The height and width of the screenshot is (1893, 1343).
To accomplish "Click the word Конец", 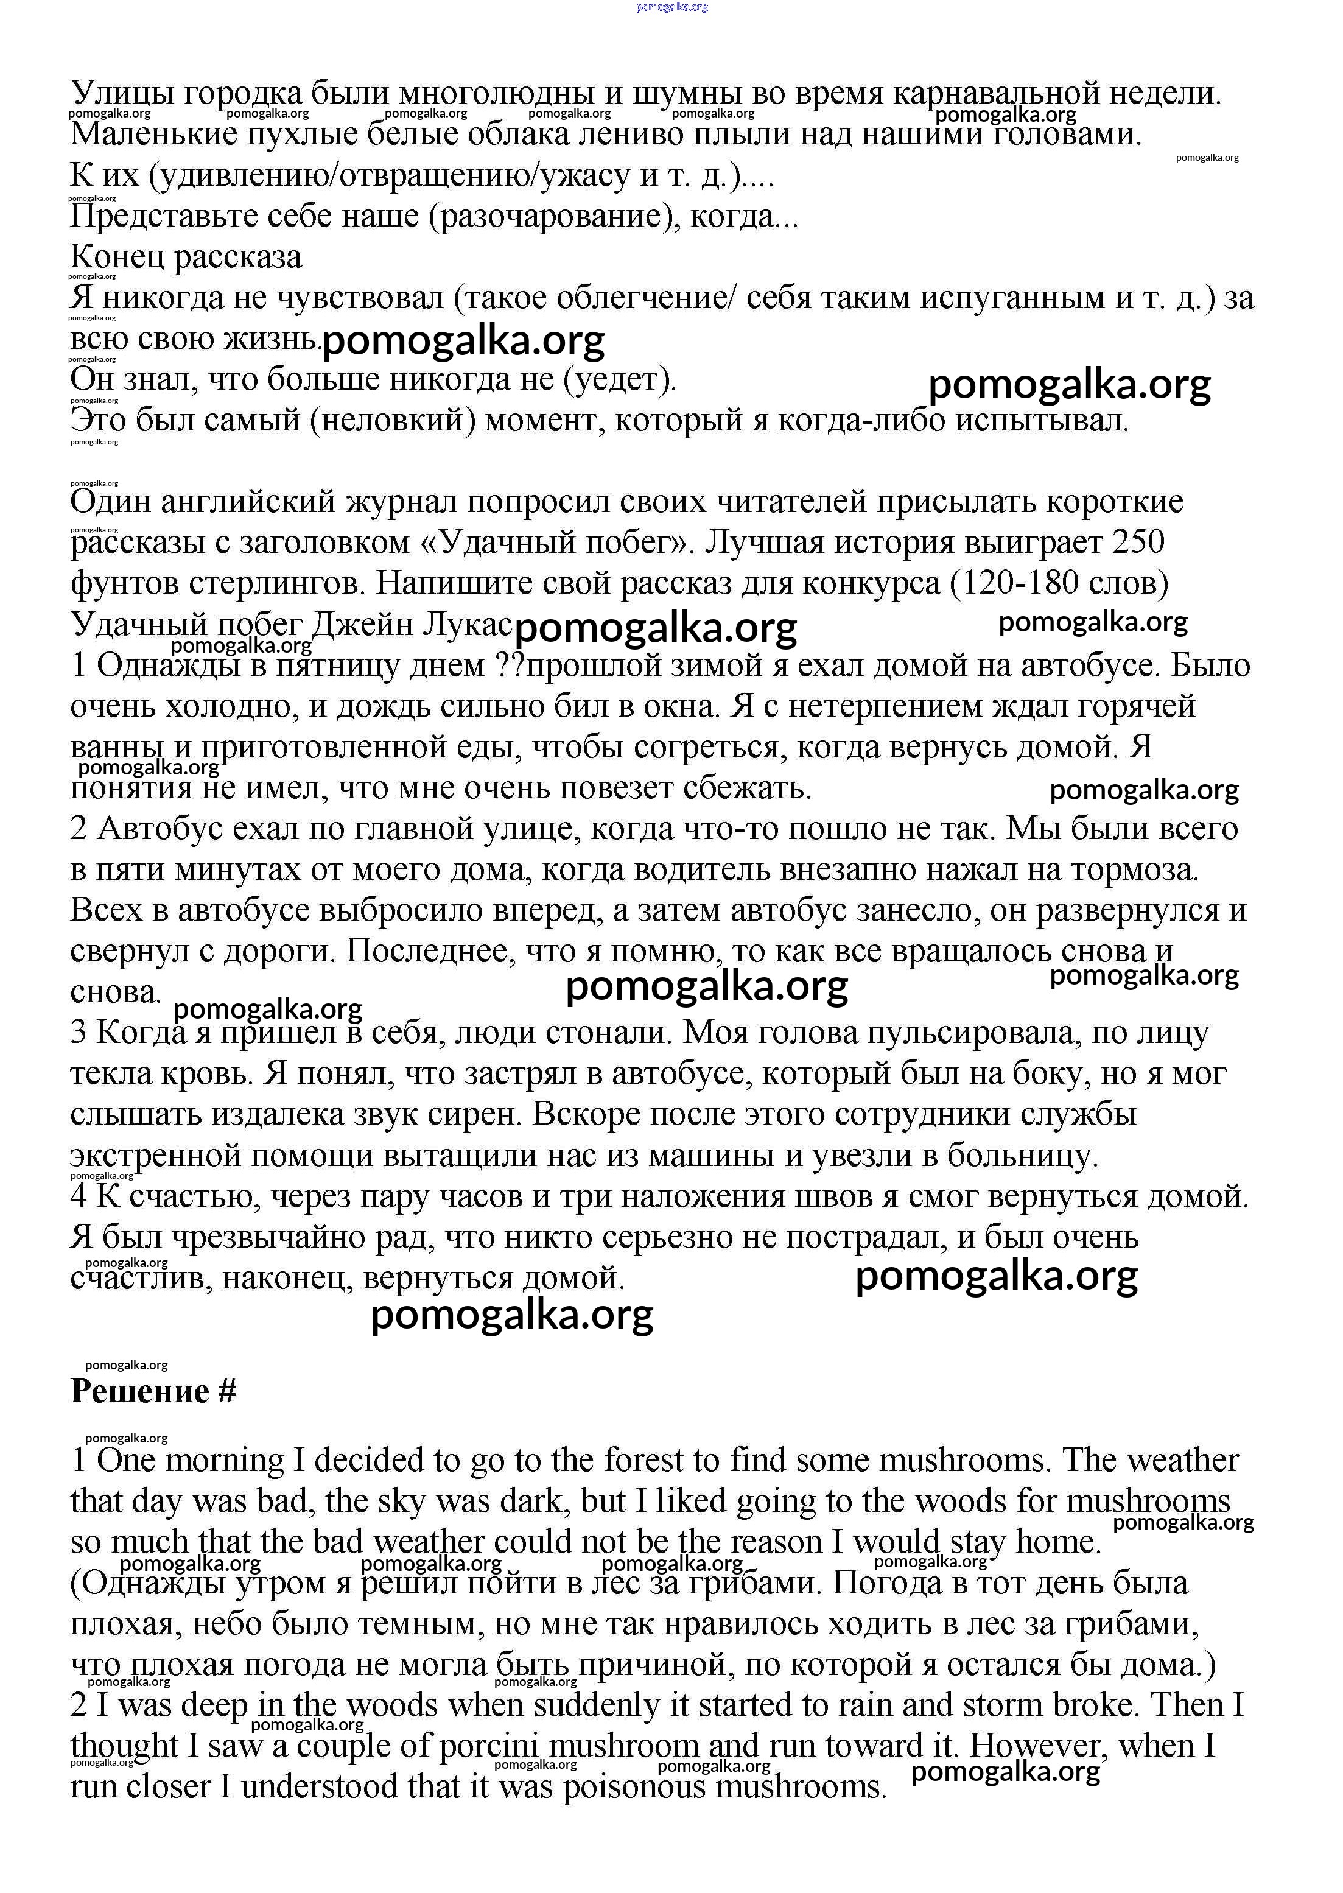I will coord(119,257).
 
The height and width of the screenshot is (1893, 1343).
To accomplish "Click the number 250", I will coord(1138,543).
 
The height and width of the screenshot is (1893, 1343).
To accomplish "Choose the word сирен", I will coord(483,1115).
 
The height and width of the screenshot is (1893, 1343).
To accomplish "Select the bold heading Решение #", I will coord(154,1392).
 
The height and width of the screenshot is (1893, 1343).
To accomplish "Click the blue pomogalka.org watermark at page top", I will coord(671,7).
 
